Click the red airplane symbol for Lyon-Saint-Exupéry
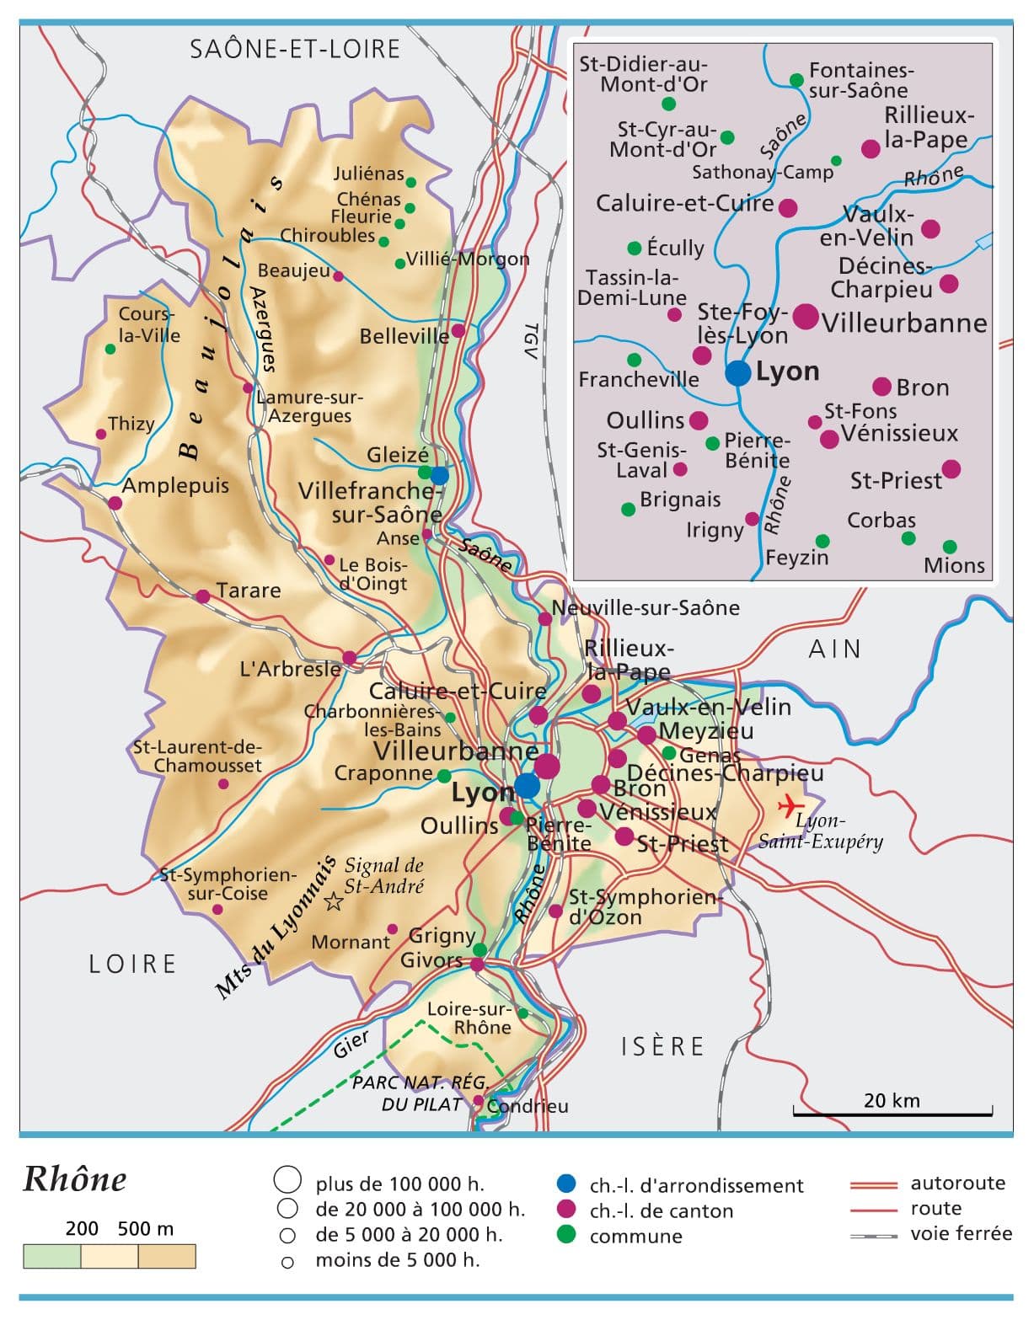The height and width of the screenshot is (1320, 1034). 789,805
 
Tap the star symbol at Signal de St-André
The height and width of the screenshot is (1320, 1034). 334,901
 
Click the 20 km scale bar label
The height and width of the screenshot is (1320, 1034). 892,1100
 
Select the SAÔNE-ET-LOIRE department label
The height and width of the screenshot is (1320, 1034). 295,49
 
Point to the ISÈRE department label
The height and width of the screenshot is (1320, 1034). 662,1046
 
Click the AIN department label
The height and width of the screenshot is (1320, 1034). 834,649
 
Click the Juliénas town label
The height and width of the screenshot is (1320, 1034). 368,174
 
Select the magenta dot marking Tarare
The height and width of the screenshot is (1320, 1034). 202,596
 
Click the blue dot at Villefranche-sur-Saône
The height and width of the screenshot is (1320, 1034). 439,474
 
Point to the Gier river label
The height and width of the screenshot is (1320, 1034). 351,1045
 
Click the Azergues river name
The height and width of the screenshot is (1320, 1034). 262,329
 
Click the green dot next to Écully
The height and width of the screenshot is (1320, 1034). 635,248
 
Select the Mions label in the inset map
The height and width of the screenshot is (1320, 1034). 954,565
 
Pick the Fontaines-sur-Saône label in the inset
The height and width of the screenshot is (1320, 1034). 860,80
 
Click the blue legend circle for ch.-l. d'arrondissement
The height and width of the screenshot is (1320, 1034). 567,1184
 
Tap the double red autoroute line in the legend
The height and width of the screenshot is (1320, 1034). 873,1184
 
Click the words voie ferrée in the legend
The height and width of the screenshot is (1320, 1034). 961,1233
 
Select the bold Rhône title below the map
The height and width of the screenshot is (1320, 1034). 75,1179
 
